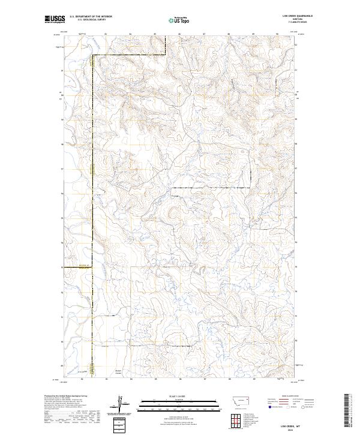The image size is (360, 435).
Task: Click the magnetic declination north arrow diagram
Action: pyautogui.click(x=120, y=404)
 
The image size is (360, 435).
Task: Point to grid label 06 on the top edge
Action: pyautogui.click(x=179, y=34)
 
